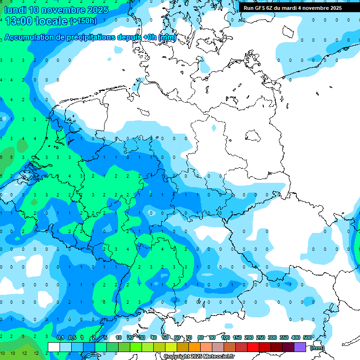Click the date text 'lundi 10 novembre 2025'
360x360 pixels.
pos(56,10)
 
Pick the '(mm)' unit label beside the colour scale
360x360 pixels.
pos(317,347)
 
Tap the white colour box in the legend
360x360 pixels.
pos(54,347)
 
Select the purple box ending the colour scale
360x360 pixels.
pos(300,347)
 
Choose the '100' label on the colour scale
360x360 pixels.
pos(225,338)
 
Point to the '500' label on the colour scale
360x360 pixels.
pos(307,338)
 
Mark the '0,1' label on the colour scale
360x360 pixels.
pos(60,338)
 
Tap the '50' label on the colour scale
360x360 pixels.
pos(165,338)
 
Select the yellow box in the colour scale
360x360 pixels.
pos(171,347)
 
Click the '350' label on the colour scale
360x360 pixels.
pos(284,338)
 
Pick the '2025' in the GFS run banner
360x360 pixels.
pos(333,8)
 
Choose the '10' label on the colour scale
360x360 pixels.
pos(119,338)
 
